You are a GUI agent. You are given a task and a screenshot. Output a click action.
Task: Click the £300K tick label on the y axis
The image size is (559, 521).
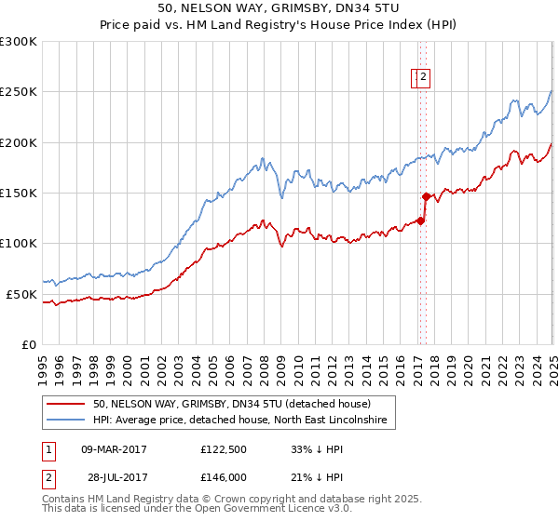pyautogui.click(x=19, y=42)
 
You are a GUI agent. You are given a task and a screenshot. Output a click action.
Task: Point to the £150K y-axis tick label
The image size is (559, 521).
pyautogui.click(x=19, y=194)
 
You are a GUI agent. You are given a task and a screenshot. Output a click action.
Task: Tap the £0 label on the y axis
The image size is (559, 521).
pyautogui.click(x=29, y=344)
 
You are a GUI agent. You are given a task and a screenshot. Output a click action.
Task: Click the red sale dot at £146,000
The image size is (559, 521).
pyautogui.click(x=426, y=197)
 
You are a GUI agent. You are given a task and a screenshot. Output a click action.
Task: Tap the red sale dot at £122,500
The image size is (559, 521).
pyautogui.click(x=420, y=220)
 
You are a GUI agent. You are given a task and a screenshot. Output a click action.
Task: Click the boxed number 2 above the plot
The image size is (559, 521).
pyautogui.click(x=423, y=78)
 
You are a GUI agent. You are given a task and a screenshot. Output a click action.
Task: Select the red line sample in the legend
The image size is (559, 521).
pyautogui.click(x=67, y=404)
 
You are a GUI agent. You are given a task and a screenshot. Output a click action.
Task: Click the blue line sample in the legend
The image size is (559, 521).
pyautogui.click(x=67, y=421)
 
